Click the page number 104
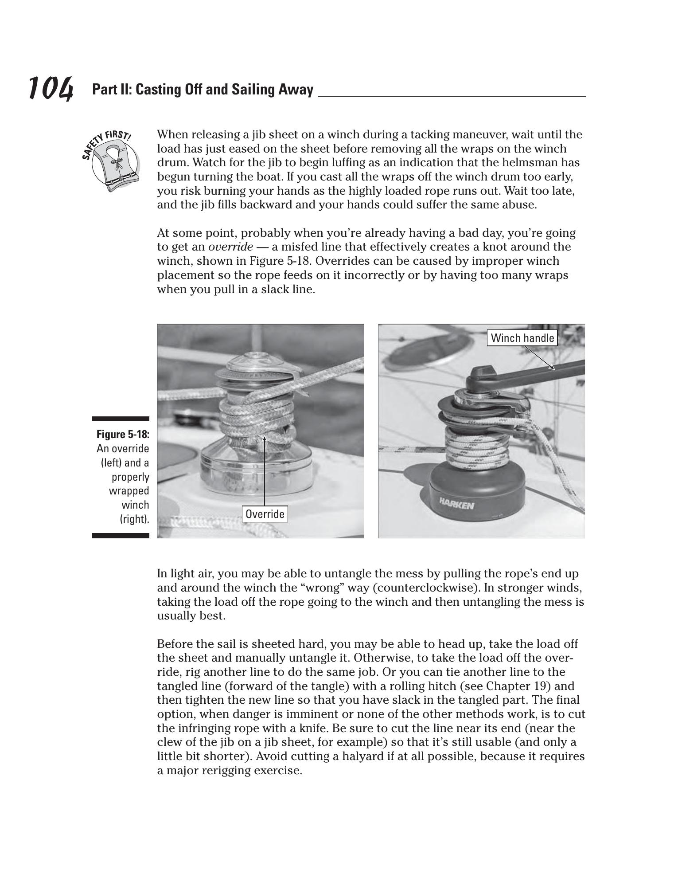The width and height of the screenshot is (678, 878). (x=51, y=88)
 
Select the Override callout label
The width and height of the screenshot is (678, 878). (x=265, y=514)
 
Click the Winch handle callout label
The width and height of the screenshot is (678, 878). (x=522, y=338)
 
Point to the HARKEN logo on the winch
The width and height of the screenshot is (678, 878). (x=456, y=504)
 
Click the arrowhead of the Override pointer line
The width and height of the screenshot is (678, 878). (x=264, y=439)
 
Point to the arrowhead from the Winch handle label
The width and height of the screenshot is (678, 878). (x=553, y=367)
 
